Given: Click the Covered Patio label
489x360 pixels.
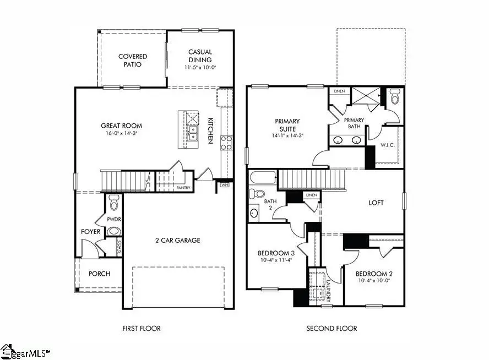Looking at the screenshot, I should pyautogui.click(x=133, y=60).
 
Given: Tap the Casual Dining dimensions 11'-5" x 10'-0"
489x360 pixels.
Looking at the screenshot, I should pyautogui.click(x=200, y=68).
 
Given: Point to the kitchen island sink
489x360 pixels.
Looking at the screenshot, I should pyautogui.click(x=192, y=133).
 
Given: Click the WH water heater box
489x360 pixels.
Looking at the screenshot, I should pyautogui.click(x=224, y=185).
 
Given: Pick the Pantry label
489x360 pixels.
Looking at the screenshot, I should pyautogui.click(x=183, y=187).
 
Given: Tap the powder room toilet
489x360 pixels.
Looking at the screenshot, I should pyautogui.click(x=114, y=203).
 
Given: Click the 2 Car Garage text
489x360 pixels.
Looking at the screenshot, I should pyautogui.click(x=177, y=240).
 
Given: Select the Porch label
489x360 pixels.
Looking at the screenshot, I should pyautogui.click(x=99, y=274).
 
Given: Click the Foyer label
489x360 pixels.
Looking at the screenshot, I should pyautogui.click(x=91, y=232).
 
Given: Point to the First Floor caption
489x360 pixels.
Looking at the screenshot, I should pyautogui.click(x=142, y=329).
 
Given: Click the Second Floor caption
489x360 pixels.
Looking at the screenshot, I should pyautogui.click(x=332, y=329).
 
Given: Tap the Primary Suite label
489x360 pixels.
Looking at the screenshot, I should pyautogui.click(x=287, y=125).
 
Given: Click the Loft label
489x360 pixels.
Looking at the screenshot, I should pyautogui.click(x=376, y=203).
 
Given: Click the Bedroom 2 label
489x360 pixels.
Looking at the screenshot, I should pyautogui.click(x=373, y=274).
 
